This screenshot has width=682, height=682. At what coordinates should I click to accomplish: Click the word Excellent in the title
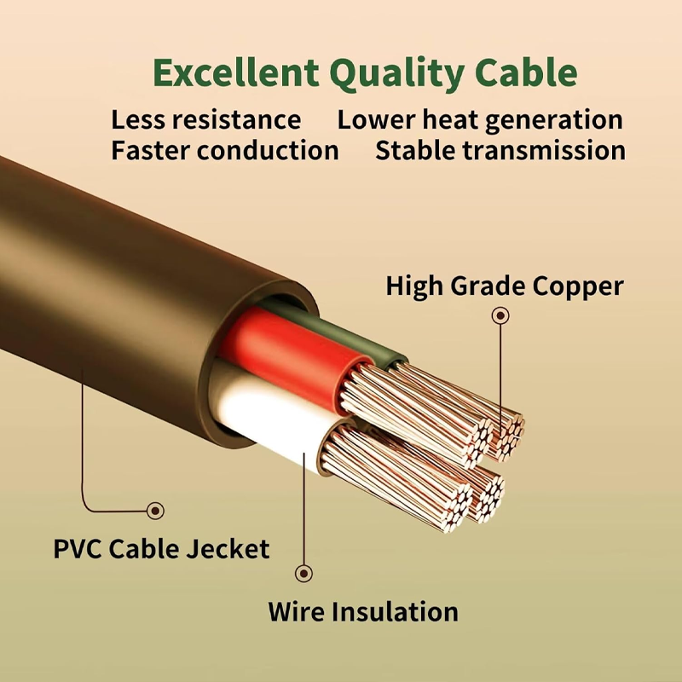pyautogui.click(x=236, y=72)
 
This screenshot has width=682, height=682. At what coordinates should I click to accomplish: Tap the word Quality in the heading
pyautogui.click(x=396, y=75)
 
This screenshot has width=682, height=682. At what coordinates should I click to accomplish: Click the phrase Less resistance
pyautogui.click(x=205, y=119)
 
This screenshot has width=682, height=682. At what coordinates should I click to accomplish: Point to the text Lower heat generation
pyautogui.click(x=480, y=121)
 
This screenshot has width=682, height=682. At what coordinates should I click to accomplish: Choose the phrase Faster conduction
pyautogui.click(x=225, y=151)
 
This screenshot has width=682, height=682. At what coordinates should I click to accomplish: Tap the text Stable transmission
pyautogui.click(x=500, y=151)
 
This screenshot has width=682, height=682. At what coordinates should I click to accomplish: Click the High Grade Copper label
pyautogui.click(x=505, y=287)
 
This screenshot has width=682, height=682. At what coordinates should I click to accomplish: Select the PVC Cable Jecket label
pyautogui.click(x=161, y=548)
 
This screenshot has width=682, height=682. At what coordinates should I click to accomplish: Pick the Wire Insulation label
pyautogui.click(x=363, y=611)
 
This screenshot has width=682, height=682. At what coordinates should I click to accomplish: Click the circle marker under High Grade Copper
pyautogui.click(x=500, y=315)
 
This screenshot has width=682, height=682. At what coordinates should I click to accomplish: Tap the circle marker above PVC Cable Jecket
pyautogui.click(x=155, y=511)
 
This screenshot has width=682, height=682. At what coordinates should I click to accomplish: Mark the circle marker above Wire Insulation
pyautogui.click(x=303, y=573)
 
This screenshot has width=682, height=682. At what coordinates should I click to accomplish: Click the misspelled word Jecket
pyautogui.click(x=228, y=548)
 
